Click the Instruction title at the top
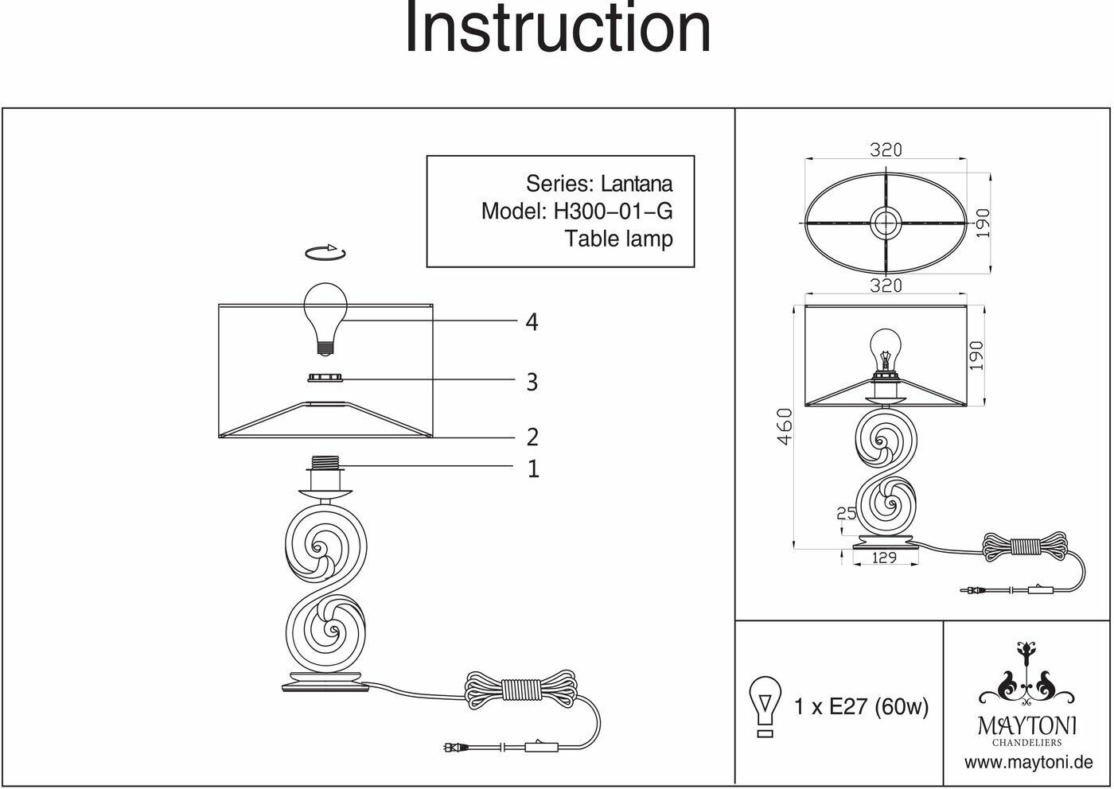(x=557, y=29)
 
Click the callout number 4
(x=532, y=322)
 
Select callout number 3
(x=532, y=383)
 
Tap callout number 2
(x=532, y=437)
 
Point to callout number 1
(x=533, y=469)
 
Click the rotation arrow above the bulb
(x=325, y=253)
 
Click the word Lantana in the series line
(x=637, y=184)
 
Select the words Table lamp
(x=618, y=238)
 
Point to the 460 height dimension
(x=785, y=426)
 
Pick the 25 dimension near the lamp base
(x=846, y=514)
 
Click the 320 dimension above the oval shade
(x=885, y=150)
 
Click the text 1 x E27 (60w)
(x=861, y=706)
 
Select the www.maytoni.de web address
(x=1028, y=763)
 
